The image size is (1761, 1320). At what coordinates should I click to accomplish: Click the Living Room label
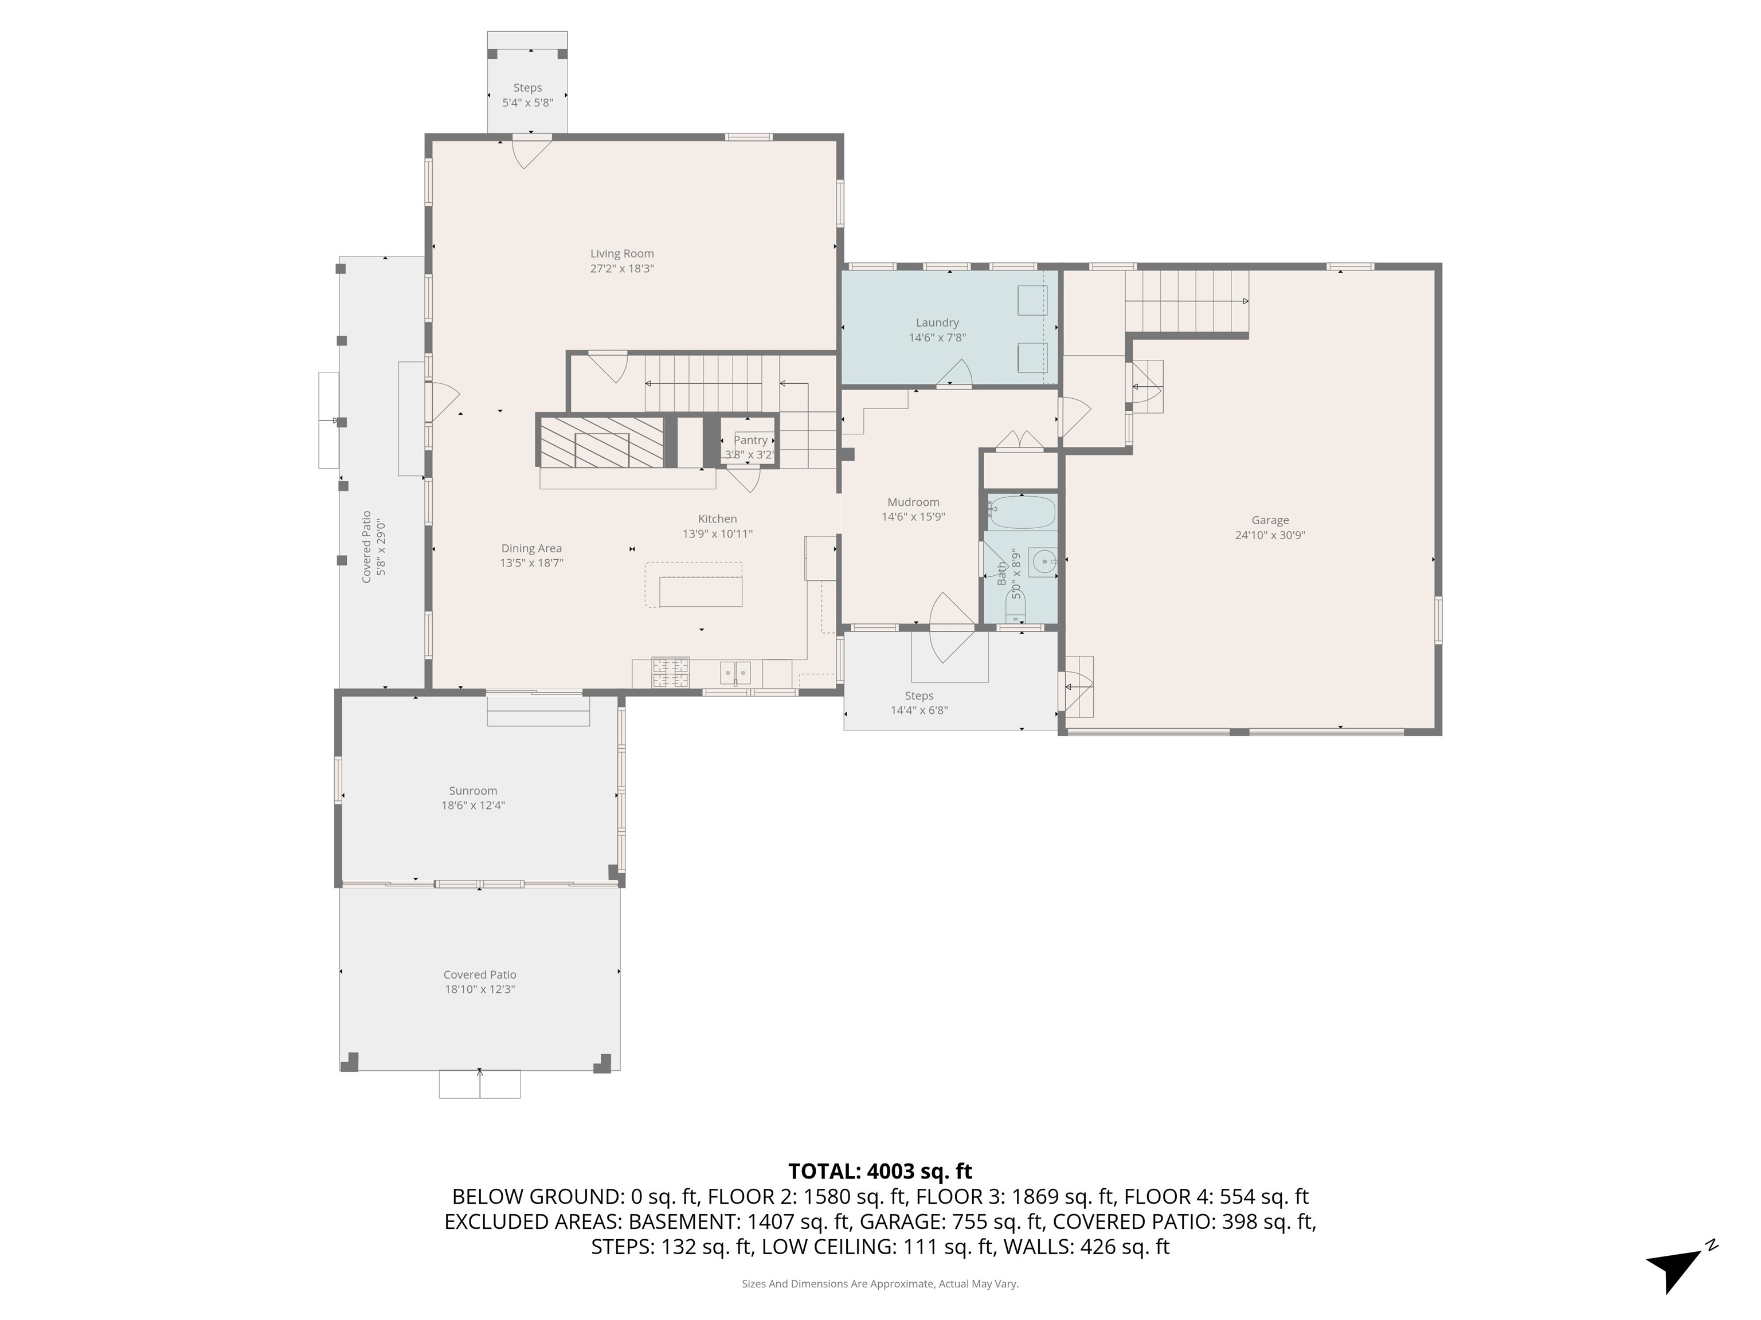622,254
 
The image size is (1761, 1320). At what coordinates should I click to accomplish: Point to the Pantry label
751,440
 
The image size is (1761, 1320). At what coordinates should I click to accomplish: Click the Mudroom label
913,502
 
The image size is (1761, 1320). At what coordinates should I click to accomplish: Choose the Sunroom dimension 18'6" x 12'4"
473,805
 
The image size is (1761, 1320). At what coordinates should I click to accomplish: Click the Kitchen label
717,518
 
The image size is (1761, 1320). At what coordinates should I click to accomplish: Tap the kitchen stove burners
670,673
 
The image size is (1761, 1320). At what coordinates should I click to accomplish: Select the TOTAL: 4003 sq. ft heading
880,1171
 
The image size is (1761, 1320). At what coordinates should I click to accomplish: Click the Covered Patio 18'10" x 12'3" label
480,982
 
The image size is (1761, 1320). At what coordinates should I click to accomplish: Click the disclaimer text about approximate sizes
880,1283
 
